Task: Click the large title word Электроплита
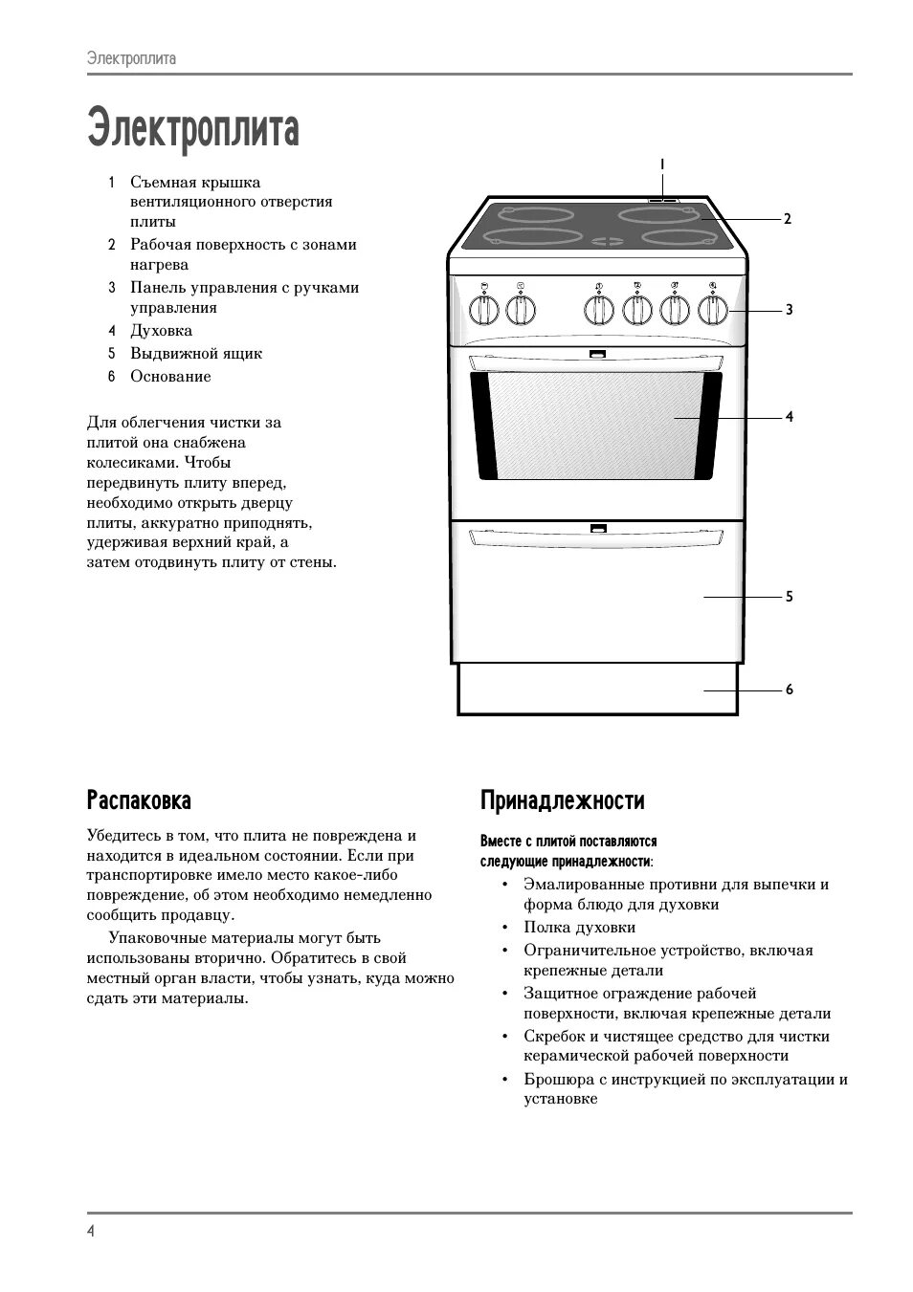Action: coord(193,128)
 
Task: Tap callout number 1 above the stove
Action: coord(661,164)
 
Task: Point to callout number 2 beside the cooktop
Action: coord(788,219)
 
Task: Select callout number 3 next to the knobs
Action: coord(789,310)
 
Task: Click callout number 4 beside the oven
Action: coord(789,417)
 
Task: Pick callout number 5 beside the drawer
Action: coord(789,597)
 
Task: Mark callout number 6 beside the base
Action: coord(789,690)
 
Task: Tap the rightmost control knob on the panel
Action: coord(713,309)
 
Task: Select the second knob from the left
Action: coord(520,309)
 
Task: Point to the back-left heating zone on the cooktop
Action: coord(516,214)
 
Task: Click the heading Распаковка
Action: coord(139,799)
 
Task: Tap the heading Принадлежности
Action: coord(562,800)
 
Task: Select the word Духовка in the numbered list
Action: coord(162,331)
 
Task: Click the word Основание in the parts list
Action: coord(170,377)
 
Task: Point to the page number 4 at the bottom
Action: coord(91,1231)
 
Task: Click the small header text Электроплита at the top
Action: coord(131,58)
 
